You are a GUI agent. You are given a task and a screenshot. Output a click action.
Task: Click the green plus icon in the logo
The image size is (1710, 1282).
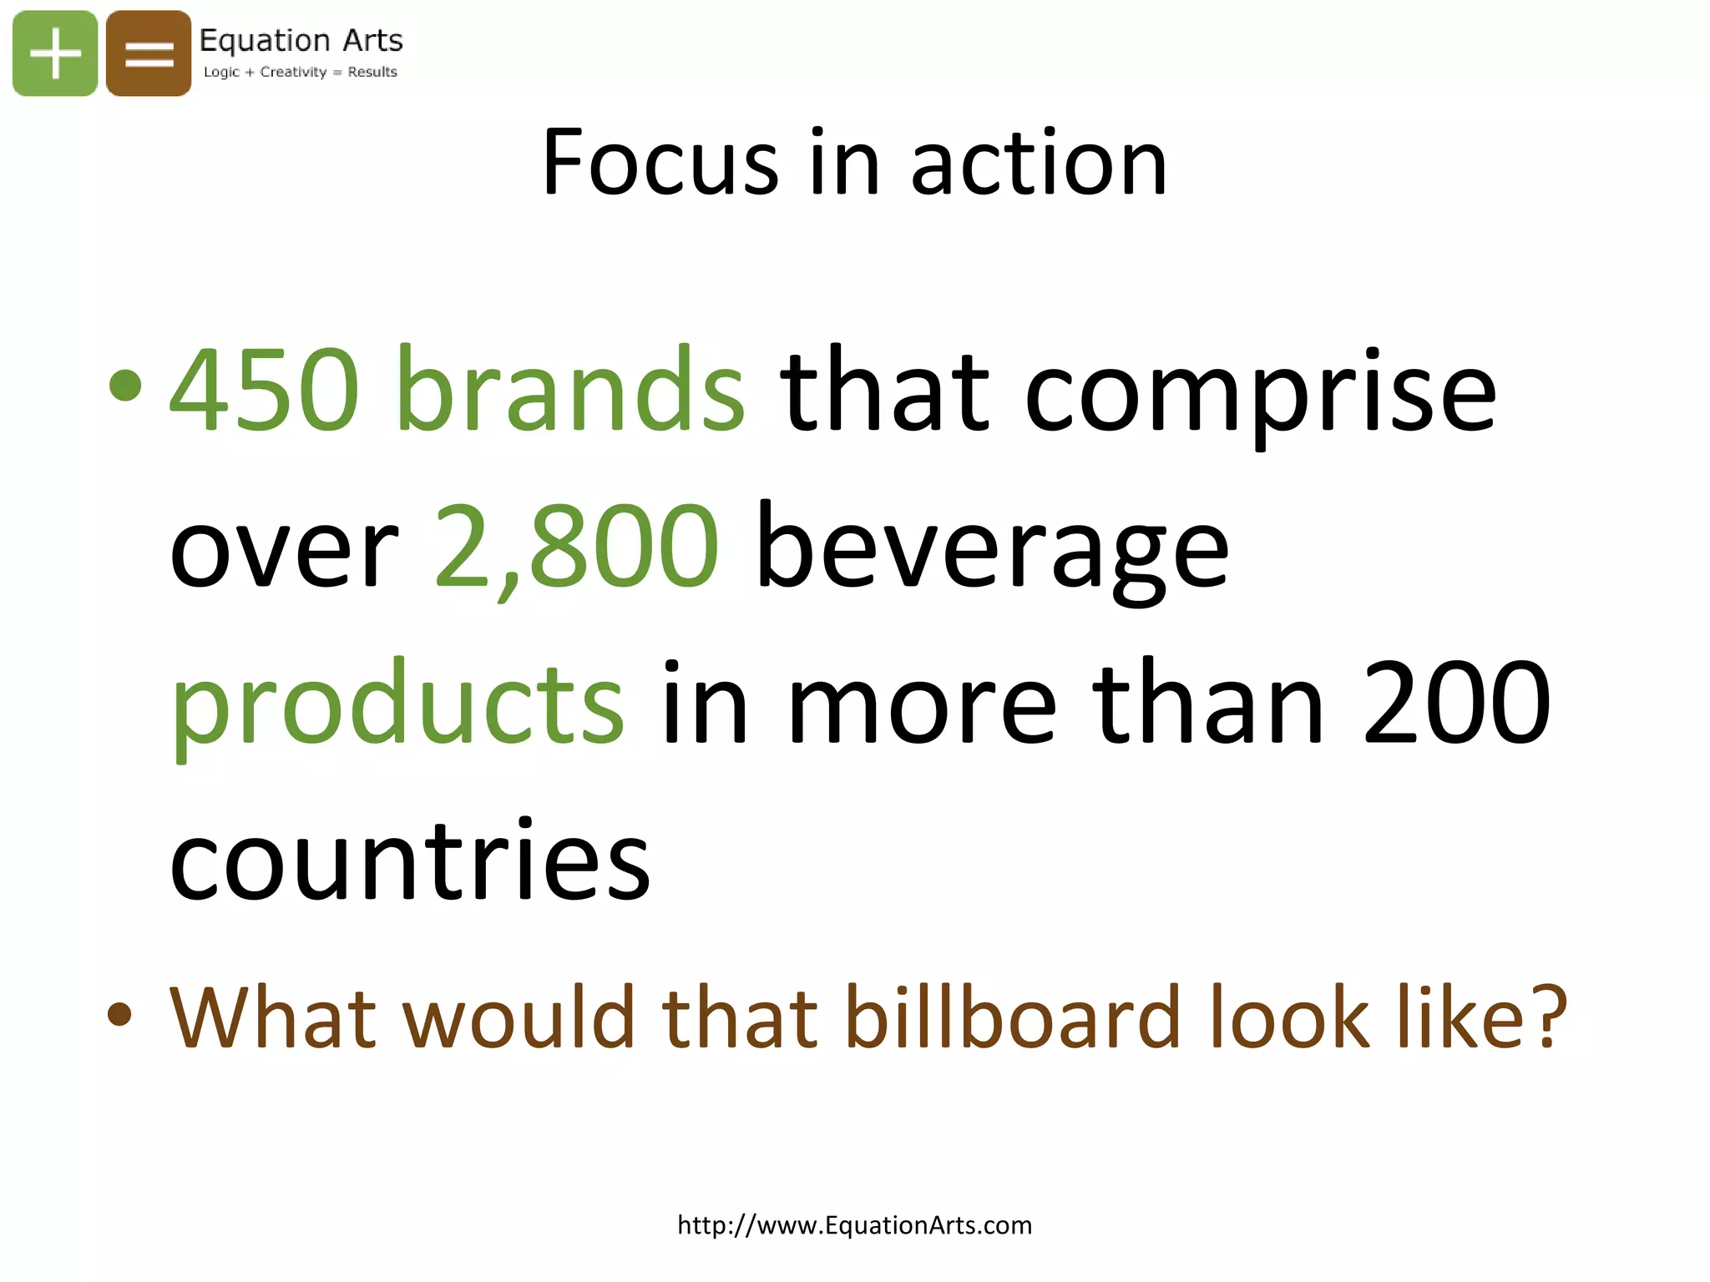click(55, 53)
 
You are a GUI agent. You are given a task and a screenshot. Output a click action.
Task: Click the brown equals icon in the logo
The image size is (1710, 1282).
click(149, 53)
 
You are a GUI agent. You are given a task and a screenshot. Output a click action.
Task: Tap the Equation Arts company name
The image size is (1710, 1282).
click(301, 40)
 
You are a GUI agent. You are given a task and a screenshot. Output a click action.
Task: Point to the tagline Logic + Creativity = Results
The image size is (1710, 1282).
click(301, 72)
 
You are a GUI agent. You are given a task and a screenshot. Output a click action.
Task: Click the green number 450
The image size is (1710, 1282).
click(265, 391)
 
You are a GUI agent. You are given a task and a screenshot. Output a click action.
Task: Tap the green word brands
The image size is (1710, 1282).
click(571, 391)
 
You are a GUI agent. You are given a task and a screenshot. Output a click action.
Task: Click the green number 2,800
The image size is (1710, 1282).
click(576, 547)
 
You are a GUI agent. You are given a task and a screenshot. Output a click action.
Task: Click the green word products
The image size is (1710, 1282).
click(397, 704)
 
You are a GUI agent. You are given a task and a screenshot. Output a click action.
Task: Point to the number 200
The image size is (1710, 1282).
click(1457, 703)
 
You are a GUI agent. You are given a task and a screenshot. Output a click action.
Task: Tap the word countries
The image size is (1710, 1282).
click(410, 860)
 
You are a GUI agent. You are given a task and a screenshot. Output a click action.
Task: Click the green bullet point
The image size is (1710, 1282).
click(125, 386)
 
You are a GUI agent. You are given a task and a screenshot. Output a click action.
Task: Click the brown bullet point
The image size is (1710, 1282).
click(120, 1013)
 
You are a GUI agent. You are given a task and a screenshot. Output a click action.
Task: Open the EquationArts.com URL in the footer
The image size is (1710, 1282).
click(854, 1225)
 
